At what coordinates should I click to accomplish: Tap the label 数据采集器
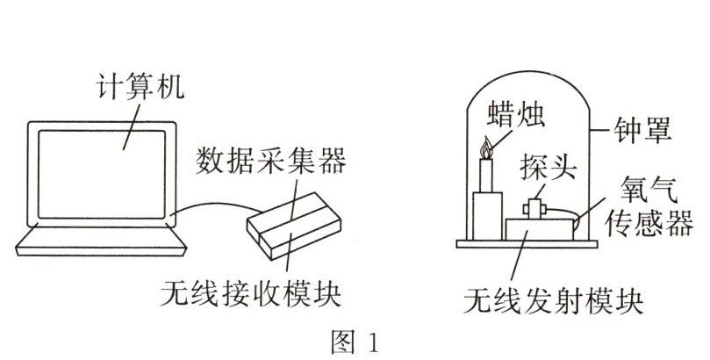click(x=271, y=160)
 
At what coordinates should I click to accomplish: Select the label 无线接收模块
click(x=251, y=294)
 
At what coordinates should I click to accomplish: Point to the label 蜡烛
click(x=516, y=113)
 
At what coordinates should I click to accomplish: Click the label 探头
click(x=548, y=167)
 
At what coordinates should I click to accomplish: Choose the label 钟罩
click(x=642, y=131)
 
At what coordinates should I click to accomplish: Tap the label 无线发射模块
click(x=553, y=300)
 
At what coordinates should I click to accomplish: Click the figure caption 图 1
click(x=355, y=342)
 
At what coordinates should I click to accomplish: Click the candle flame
click(x=486, y=148)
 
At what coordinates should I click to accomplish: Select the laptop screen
click(x=102, y=175)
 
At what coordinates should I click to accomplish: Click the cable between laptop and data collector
click(x=217, y=205)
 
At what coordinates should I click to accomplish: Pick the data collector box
click(x=294, y=226)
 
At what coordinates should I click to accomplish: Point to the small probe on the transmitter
click(x=534, y=209)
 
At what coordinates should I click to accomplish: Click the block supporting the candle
click(x=487, y=216)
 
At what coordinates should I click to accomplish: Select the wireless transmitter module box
click(x=539, y=229)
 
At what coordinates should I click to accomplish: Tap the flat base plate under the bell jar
click(x=527, y=244)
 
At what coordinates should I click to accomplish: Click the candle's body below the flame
click(x=486, y=176)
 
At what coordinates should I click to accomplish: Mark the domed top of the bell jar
click(x=528, y=77)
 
